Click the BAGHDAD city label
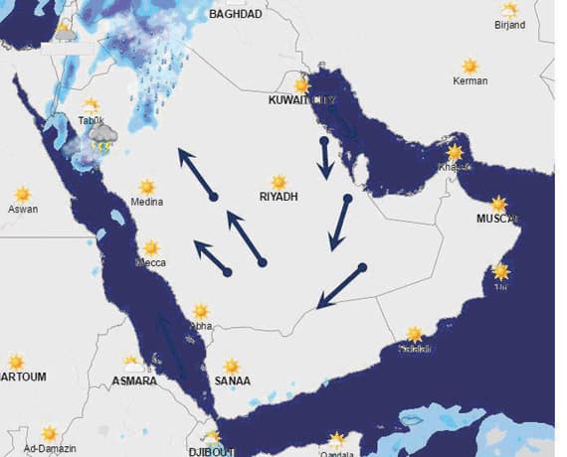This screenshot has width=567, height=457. pyautogui.click(x=236, y=15)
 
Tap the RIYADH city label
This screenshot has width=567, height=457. pyautogui.click(x=279, y=197)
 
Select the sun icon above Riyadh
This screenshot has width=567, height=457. pyautogui.click(x=280, y=182)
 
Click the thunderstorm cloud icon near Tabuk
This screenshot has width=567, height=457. pyautogui.click(x=103, y=140)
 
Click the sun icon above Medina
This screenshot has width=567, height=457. pyautogui.click(x=147, y=187)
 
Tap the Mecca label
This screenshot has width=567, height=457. pyautogui.click(x=150, y=263)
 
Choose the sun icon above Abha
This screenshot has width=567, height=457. pyautogui.click(x=201, y=311)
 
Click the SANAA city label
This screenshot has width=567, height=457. pyautogui.click(x=233, y=381)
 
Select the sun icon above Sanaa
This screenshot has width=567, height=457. pyautogui.click(x=232, y=366)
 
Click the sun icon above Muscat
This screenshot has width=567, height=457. pyautogui.click(x=498, y=204)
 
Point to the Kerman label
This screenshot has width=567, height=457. pyautogui.click(x=471, y=80)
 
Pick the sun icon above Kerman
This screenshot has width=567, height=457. pyautogui.click(x=470, y=66)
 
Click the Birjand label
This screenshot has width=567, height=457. pyautogui.click(x=510, y=26)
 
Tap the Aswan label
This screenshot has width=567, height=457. pyautogui.click(x=22, y=210)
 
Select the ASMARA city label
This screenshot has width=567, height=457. pyautogui.click(x=133, y=381)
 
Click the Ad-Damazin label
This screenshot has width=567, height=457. pyautogui.click(x=49, y=449)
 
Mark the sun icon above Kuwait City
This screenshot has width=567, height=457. pyautogui.click(x=302, y=85)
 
